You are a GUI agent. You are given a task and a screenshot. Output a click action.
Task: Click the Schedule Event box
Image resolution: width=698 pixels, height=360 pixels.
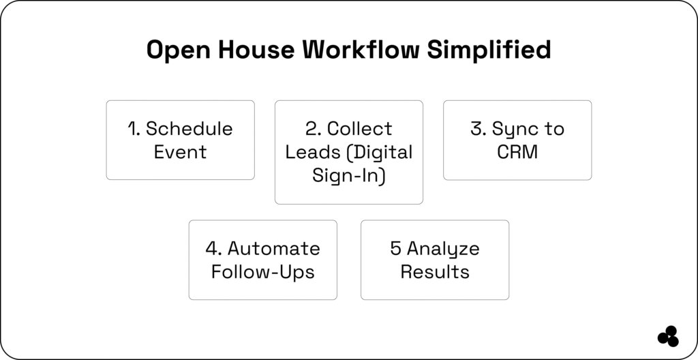tap(180, 140)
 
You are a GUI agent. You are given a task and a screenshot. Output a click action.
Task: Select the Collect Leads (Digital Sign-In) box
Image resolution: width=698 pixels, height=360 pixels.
tap(348, 152)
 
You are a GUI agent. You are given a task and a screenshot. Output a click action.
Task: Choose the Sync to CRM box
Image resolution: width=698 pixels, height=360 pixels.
tap(517, 140)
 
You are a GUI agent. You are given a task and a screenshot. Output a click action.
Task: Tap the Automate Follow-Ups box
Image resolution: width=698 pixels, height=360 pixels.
tap(262, 260)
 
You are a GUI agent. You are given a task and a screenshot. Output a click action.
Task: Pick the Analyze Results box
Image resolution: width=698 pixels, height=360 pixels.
tap(434, 260)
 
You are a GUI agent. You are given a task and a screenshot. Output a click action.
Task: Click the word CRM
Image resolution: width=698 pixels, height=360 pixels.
tap(517, 152)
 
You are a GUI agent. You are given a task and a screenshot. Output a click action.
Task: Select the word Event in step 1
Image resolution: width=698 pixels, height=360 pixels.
tap(180, 152)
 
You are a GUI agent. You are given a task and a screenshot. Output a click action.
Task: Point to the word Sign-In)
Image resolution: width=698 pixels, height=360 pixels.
tap(349, 175)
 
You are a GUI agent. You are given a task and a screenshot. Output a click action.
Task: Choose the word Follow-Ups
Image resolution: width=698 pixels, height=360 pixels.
tap(262, 271)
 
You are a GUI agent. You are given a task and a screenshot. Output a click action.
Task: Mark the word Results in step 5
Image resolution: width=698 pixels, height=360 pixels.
tap(434, 271)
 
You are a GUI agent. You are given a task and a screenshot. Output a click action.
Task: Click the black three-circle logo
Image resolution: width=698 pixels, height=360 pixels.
tap(668, 336)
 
